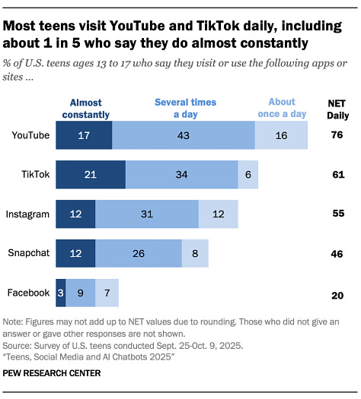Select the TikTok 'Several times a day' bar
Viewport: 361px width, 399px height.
pos(182,175)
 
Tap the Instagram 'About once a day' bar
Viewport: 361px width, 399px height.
pos(219,214)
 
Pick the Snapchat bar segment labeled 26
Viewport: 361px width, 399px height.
pos(139,253)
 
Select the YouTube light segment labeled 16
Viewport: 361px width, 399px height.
pos(282,135)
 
